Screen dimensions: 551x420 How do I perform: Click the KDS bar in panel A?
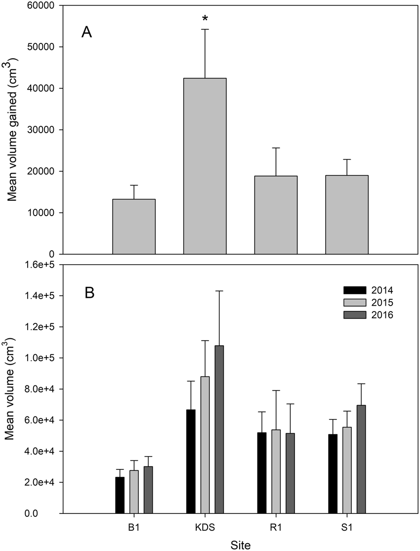(x=205, y=166)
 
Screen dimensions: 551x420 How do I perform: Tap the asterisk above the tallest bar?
(x=205, y=19)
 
